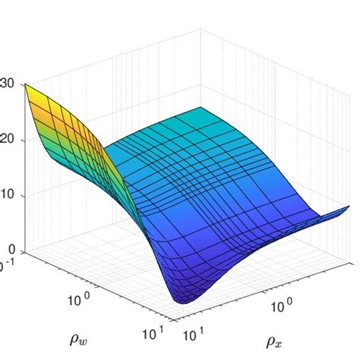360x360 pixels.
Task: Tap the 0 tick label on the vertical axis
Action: coord(12,251)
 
